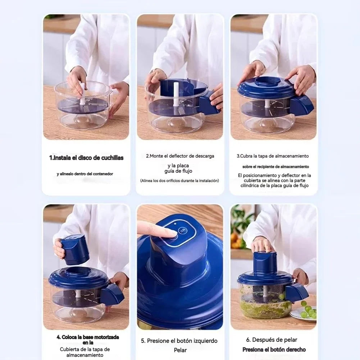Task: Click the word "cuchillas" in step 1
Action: pyautogui.click(x=112, y=158)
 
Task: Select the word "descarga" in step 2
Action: pyautogui.click(x=205, y=156)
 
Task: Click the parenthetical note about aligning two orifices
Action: pyautogui.click(x=179, y=181)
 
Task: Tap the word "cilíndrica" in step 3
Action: pyautogui.click(x=250, y=186)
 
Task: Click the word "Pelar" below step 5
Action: pyautogui.click(x=180, y=350)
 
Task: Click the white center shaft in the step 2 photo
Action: pyautogui.click(x=176, y=94)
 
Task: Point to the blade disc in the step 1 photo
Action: pyautogui.click(x=83, y=106)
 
